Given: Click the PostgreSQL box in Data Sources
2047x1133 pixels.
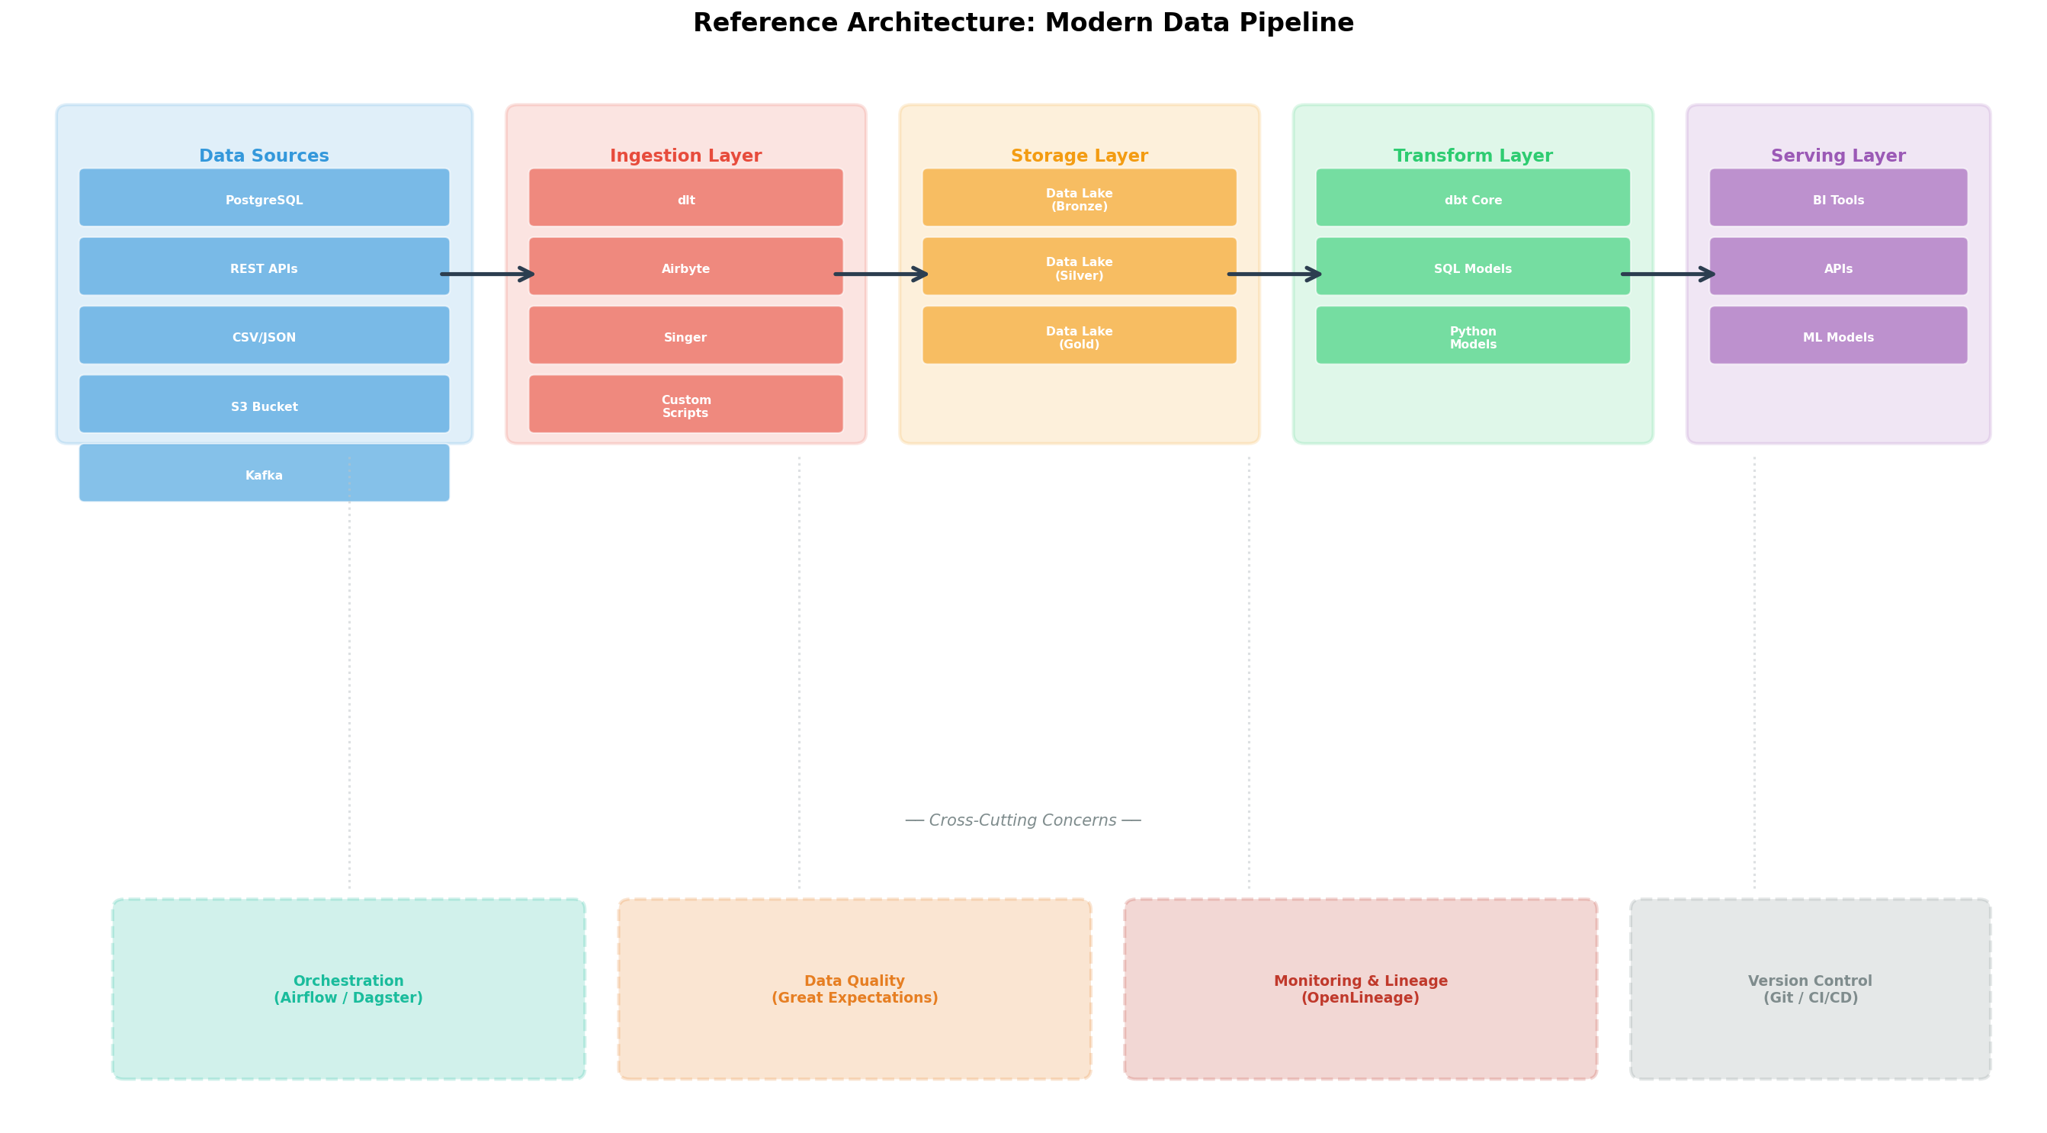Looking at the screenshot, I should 264,197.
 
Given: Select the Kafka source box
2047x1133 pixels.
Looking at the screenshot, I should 264,473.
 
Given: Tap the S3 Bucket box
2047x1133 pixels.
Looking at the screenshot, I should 264,404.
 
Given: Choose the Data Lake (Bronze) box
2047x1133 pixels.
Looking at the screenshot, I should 1079,197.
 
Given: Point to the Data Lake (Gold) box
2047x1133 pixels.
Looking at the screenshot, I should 1079,336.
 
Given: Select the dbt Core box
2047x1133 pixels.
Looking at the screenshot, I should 1472,197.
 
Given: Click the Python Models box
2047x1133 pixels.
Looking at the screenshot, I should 1472,336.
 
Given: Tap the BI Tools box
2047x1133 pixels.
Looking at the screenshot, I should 1838,197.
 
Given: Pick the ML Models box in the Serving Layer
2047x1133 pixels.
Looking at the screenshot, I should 1838,336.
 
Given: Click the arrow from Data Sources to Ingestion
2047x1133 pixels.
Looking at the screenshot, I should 487,275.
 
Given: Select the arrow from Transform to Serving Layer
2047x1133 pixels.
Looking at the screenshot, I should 1667,275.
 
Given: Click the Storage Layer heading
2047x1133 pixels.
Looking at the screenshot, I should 1079,156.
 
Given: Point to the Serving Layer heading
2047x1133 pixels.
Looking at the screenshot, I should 1838,156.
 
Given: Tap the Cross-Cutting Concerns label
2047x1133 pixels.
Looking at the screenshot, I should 1022,820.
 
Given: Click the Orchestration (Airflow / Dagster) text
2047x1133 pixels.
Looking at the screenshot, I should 348,989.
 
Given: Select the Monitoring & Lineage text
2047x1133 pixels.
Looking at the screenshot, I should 1360,982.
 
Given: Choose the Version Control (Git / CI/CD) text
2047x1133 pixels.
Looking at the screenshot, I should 1810,989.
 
